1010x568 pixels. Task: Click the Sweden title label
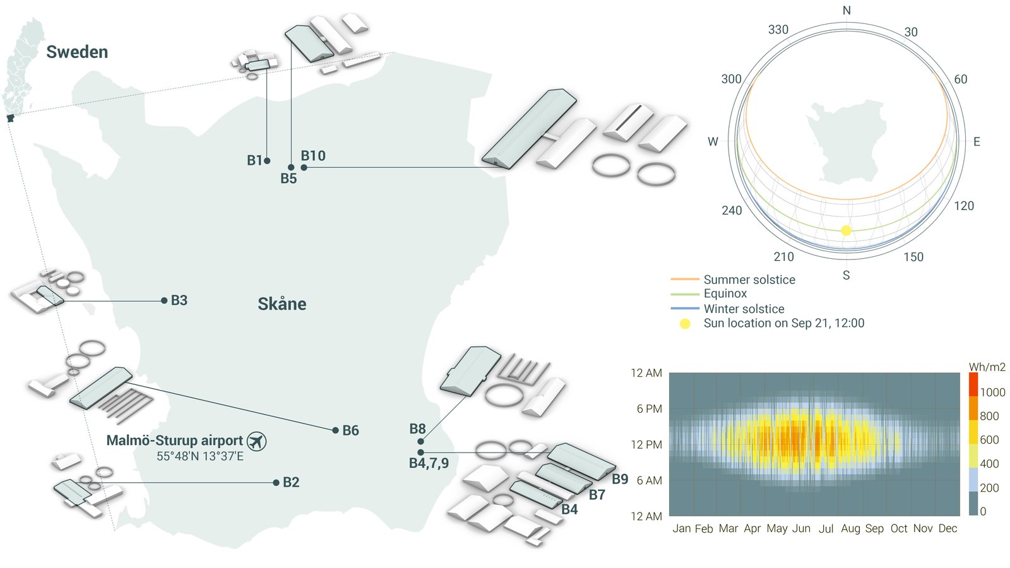(77, 52)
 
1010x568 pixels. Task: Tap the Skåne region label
(282, 304)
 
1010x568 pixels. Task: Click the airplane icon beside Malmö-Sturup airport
(256, 441)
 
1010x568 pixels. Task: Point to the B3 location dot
(164, 300)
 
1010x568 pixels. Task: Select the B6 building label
(350, 430)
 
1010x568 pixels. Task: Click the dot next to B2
(276, 483)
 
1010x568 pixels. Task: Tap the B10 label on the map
(313, 156)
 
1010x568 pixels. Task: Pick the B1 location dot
(267, 161)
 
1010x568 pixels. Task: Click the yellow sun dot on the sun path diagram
(847, 231)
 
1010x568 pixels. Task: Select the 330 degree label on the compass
(778, 30)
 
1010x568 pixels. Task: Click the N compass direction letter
(847, 11)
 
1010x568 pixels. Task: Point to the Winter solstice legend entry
(744, 309)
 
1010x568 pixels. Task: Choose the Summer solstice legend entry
(749, 280)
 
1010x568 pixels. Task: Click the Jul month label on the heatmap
(826, 529)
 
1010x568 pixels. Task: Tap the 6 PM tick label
(649, 409)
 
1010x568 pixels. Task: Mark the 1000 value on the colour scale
(992, 393)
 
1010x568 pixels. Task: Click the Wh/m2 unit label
(987, 367)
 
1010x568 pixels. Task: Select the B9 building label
(620, 479)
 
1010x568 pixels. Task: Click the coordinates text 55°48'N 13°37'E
(200, 456)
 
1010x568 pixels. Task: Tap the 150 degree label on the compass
(913, 257)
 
